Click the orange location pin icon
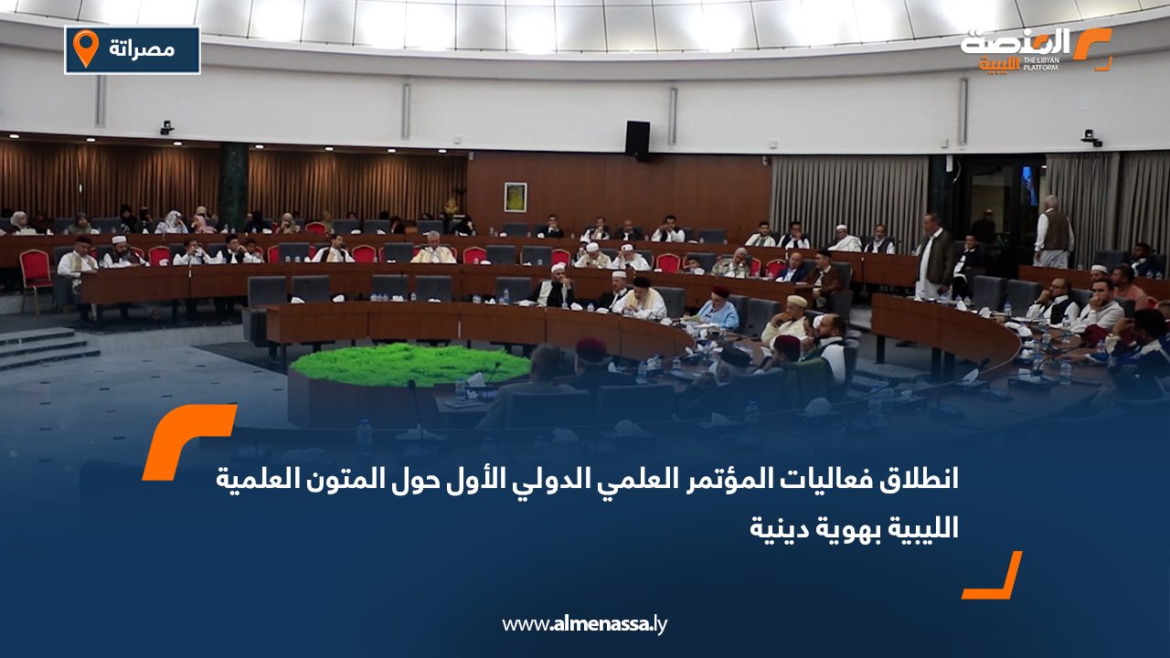pyautogui.click(x=86, y=48)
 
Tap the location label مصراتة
pyautogui.click(x=142, y=49)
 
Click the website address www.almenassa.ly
pyautogui.click(x=584, y=624)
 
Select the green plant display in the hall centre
pyautogui.click(x=410, y=364)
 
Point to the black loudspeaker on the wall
pyautogui.click(x=638, y=140)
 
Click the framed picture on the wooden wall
pyautogui.click(x=515, y=196)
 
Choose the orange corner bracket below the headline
pyautogui.click(x=993, y=575)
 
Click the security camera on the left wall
pyautogui.click(x=167, y=127)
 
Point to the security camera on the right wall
pyautogui.click(x=1090, y=138)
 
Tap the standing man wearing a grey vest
pyautogui.click(x=1054, y=232)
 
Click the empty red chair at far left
pyautogui.click(x=35, y=275)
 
